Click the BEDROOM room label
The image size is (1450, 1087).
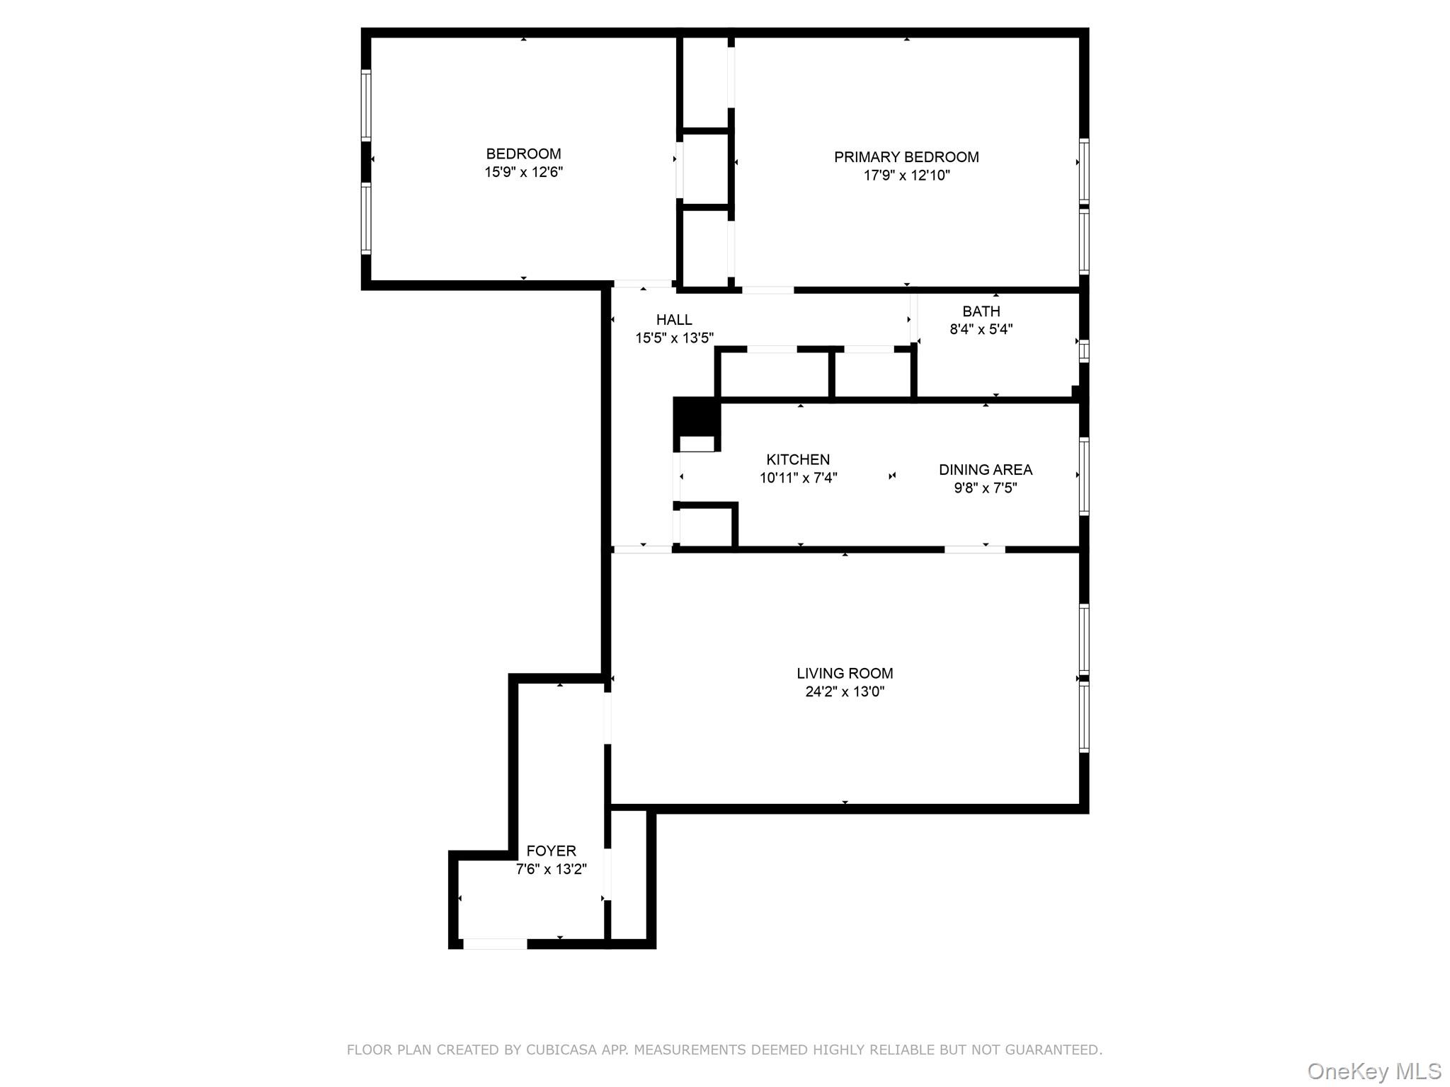click(x=523, y=154)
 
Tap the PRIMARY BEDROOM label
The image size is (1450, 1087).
click(x=906, y=157)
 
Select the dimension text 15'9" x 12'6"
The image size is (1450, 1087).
click(x=523, y=172)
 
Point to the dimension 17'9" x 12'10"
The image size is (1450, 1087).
click(x=906, y=176)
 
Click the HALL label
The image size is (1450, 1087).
click(x=674, y=320)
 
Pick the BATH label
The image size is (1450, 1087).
click(x=981, y=311)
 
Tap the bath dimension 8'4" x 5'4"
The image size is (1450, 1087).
click(x=981, y=329)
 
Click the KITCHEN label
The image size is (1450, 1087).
click(x=798, y=460)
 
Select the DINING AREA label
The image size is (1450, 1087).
click(x=985, y=470)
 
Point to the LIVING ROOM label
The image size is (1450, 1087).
click(x=845, y=674)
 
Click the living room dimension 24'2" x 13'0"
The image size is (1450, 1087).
click(x=845, y=692)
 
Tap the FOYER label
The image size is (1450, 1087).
click(x=551, y=851)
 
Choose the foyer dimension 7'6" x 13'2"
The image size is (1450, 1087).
click(x=551, y=870)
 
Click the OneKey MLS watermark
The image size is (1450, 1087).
click(x=1374, y=1071)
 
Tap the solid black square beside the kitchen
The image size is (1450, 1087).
click(x=696, y=416)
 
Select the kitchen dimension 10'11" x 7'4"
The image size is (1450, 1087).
click(x=798, y=478)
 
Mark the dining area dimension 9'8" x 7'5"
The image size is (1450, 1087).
click(x=985, y=488)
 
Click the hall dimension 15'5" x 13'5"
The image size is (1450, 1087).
click(x=674, y=338)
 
